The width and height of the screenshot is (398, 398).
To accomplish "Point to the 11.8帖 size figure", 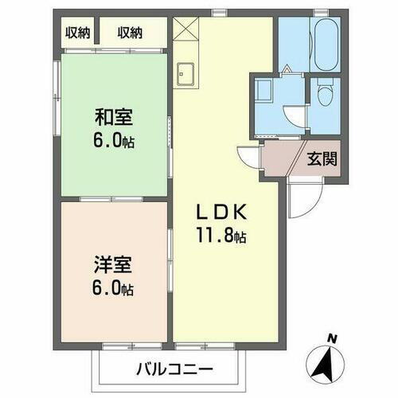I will tap(225, 236).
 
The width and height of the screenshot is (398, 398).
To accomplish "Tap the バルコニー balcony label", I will tap(174, 369).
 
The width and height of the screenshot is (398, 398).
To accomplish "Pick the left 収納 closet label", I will tap(77, 33).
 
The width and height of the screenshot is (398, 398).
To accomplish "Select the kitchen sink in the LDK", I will tap(187, 72).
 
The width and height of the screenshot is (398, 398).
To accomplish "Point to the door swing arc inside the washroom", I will tap(295, 119).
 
